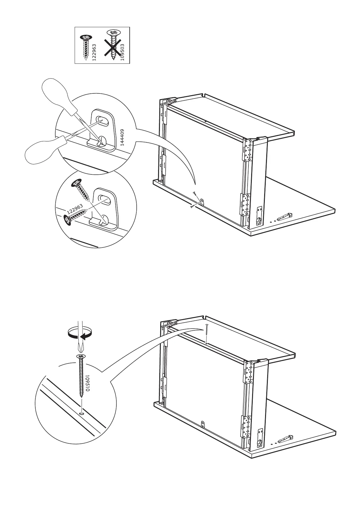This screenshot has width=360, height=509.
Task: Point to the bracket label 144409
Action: (x=122, y=137)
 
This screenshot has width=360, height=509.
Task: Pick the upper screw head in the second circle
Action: (x=76, y=183)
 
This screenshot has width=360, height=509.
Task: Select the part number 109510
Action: (x=87, y=384)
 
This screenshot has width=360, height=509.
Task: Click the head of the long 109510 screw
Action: (x=81, y=357)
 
